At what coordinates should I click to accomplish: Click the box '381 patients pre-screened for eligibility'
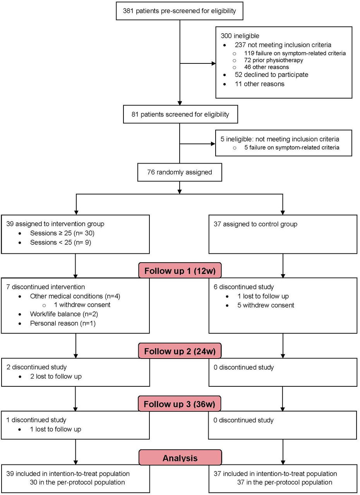tap(180, 11)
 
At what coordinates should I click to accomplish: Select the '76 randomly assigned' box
tap(180, 172)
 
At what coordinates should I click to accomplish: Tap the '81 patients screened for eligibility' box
tap(180, 114)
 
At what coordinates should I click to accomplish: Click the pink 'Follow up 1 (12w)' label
tap(180, 271)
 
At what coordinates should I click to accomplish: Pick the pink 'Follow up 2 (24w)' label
tap(180, 351)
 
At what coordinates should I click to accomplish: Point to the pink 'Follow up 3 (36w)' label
tap(180, 404)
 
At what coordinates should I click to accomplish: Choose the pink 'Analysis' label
tap(180, 458)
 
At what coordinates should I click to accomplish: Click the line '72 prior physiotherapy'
tap(273, 60)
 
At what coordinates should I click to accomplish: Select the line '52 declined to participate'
tap(271, 75)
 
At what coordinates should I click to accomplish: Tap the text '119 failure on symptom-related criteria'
tap(295, 53)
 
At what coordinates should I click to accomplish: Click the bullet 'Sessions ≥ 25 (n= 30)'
tap(62, 233)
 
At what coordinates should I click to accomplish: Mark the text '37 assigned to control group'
tap(255, 224)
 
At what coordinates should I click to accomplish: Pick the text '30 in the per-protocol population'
tap(77, 482)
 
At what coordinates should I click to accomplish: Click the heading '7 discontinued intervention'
tap(45, 287)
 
